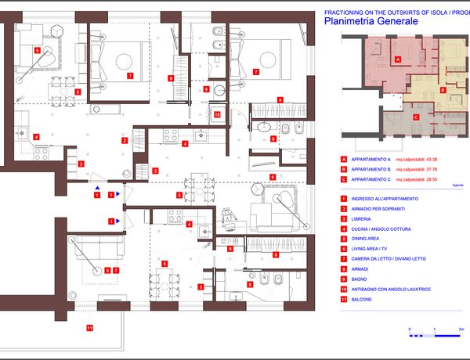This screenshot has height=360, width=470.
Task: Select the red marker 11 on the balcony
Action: coord(89,327)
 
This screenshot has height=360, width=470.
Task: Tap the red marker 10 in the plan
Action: coord(217,113)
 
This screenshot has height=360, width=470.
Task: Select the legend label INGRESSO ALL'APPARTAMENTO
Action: coord(385,198)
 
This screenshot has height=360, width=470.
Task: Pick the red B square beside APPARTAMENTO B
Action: coord(343,168)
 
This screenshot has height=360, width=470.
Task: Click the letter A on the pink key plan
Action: coord(398,59)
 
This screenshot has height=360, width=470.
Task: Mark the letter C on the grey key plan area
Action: coord(416,117)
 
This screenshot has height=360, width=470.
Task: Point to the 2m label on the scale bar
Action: coord(461,329)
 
